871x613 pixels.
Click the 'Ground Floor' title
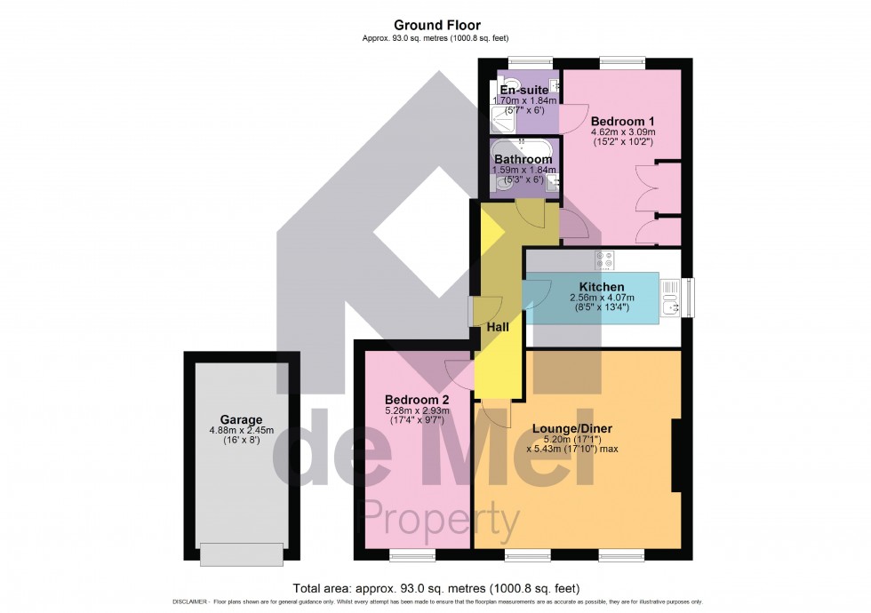[435, 25]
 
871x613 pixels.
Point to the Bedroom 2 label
[416, 399]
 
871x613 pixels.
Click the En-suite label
[524, 91]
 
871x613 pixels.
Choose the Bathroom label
[523, 160]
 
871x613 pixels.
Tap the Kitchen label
[602, 287]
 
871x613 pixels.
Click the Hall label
[498, 328]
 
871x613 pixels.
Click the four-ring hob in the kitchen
[604, 260]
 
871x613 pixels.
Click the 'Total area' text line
[435, 587]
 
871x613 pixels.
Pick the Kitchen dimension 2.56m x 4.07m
[602, 298]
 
